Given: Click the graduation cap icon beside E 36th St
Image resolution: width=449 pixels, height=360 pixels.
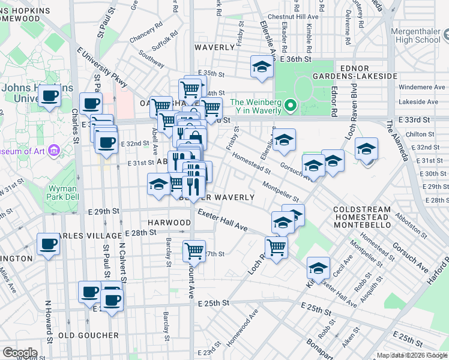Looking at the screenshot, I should click(x=262, y=67).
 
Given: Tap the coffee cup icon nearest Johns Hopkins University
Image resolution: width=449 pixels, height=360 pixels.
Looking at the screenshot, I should click(x=49, y=95).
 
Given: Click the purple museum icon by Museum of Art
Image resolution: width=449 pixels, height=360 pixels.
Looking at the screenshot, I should click(x=54, y=149).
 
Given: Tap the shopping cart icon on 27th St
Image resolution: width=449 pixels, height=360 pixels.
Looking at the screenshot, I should click(x=194, y=250).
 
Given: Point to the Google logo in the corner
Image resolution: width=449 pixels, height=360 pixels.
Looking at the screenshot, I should click(x=20, y=353).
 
